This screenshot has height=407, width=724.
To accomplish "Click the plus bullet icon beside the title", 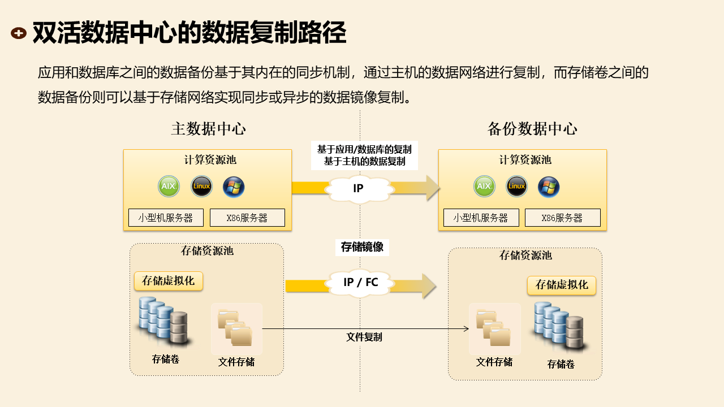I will click(x=19, y=33).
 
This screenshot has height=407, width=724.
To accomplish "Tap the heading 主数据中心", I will click(x=208, y=129).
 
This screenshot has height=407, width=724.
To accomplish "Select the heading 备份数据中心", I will click(x=532, y=129).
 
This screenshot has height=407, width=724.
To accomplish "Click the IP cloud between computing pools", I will click(x=358, y=188).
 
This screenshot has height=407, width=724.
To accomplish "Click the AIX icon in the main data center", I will click(x=169, y=186).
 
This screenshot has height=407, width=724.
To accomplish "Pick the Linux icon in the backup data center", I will click(x=516, y=186).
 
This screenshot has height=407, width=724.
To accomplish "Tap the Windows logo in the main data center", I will click(x=234, y=187).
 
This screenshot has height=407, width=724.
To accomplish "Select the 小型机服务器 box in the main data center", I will click(x=165, y=218).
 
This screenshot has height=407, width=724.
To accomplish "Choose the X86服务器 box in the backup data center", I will click(x=562, y=218).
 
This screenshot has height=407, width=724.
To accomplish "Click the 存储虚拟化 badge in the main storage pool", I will click(x=168, y=281).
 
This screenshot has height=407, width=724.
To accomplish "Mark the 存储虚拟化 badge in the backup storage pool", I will click(x=562, y=285).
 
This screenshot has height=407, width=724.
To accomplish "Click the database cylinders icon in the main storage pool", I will click(x=163, y=321).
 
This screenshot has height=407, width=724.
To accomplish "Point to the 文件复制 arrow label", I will click(x=364, y=337).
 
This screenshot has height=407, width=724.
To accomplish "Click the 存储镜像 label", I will click(x=362, y=247).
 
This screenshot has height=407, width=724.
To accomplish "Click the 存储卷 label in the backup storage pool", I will click(x=561, y=365).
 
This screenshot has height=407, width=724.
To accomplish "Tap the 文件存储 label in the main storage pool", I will click(x=236, y=362).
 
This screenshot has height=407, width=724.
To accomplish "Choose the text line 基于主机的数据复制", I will click(x=364, y=161).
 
